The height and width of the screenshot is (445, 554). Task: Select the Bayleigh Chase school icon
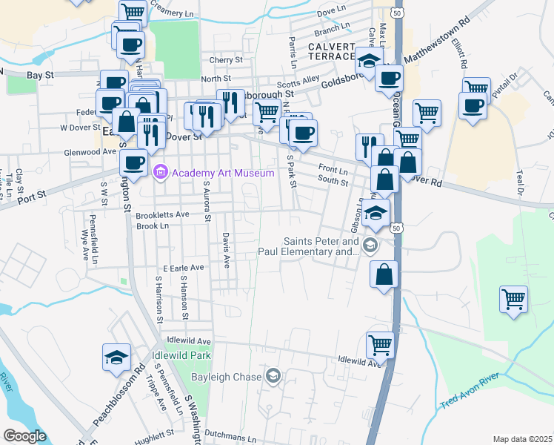(273, 377)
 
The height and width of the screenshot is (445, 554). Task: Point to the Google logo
(24, 435)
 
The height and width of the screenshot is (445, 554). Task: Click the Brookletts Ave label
(163, 215)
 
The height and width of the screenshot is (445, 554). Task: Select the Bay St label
(41, 76)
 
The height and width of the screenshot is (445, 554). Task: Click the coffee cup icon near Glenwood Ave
(134, 162)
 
